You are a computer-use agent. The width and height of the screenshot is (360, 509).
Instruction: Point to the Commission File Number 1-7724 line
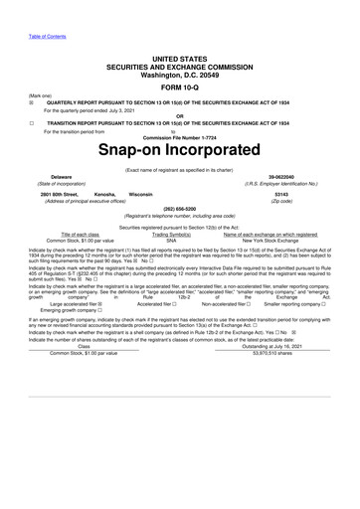click(x=180, y=136)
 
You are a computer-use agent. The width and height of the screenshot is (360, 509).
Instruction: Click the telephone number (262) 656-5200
click(x=180, y=209)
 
